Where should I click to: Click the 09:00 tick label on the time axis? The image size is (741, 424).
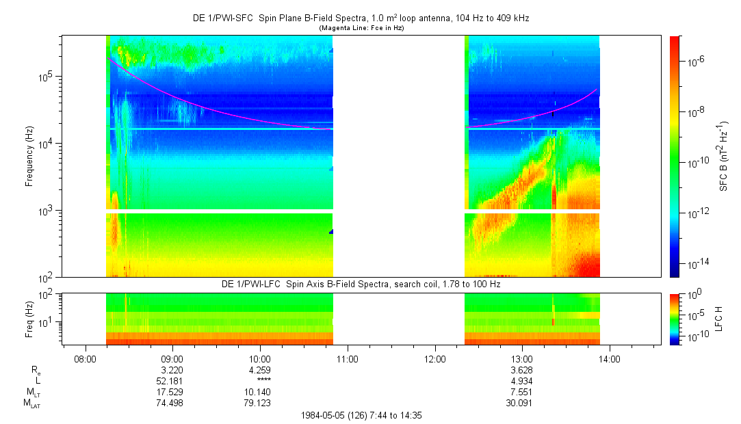[x=172, y=359]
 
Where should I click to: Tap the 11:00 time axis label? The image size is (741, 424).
[x=348, y=359]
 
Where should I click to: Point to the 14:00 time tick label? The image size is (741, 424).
[x=610, y=359]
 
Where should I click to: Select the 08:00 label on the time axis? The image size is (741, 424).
[x=85, y=359]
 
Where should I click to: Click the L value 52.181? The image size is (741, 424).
[x=170, y=381]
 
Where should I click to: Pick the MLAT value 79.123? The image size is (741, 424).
[x=257, y=403]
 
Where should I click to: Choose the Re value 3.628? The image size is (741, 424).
[x=522, y=370]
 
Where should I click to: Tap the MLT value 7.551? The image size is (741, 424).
[x=522, y=393]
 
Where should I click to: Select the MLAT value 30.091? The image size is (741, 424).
[x=519, y=403]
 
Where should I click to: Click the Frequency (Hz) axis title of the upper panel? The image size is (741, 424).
[x=29, y=157]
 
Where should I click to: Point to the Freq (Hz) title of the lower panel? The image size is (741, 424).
[x=29, y=319]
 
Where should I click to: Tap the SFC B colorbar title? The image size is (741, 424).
[x=724, y=156]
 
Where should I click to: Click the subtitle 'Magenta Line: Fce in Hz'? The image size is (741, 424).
[x=361, y=28]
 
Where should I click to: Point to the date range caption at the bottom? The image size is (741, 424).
[x=361, y=416]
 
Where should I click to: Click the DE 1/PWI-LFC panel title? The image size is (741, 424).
[x=361, y=284]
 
